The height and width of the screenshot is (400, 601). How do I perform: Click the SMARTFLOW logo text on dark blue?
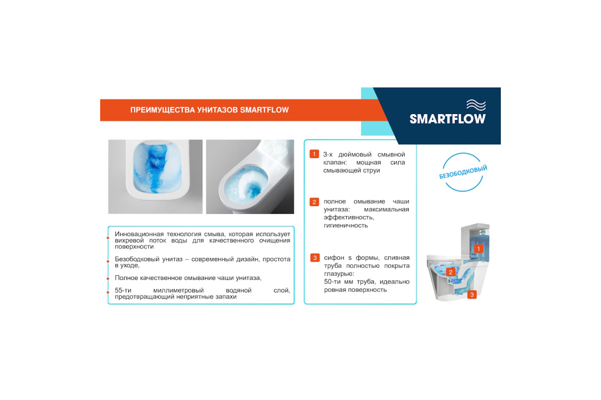point(448,119)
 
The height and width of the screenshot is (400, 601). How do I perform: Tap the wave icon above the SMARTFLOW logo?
point(476,104)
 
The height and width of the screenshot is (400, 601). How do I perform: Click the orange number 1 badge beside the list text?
point(314,154)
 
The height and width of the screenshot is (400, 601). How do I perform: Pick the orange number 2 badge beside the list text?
point(314,201)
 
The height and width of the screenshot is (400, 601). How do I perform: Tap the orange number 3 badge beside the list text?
point(315,257)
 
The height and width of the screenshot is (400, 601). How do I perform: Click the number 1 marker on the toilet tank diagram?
point(478,249)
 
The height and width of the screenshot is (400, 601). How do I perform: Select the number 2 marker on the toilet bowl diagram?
point(450,272)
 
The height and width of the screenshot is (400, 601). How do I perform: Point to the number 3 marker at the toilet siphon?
point(472,294)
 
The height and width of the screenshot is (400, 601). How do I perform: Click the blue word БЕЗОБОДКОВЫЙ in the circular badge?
point(463,172)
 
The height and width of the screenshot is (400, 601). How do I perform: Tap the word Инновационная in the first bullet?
point(139,234)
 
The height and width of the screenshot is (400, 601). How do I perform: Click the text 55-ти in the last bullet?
point(123,290)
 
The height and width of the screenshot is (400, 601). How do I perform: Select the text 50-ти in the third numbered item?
point(332,282)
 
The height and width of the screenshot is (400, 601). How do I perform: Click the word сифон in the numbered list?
point(334,257)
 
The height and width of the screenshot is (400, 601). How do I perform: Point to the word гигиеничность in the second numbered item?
point(346,225)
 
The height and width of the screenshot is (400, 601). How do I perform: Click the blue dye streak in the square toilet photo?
point(157,168)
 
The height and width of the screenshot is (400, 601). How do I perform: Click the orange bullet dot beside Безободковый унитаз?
point(108,261)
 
